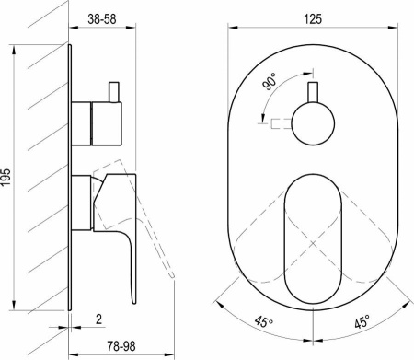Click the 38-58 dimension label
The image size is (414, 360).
[x=102, y=19]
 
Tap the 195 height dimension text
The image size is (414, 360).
[x=6, y=177]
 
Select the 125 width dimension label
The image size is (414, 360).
[x=313, y=19]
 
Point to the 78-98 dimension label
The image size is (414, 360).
[x=121, y=346]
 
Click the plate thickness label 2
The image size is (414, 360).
[x=98, y=319]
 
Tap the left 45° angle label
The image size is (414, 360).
[x=264, y=322]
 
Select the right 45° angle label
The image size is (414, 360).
[x=362, y=322]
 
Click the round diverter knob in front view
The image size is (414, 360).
[x=313, y=124]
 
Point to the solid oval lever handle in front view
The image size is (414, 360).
[x=313, y=238]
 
